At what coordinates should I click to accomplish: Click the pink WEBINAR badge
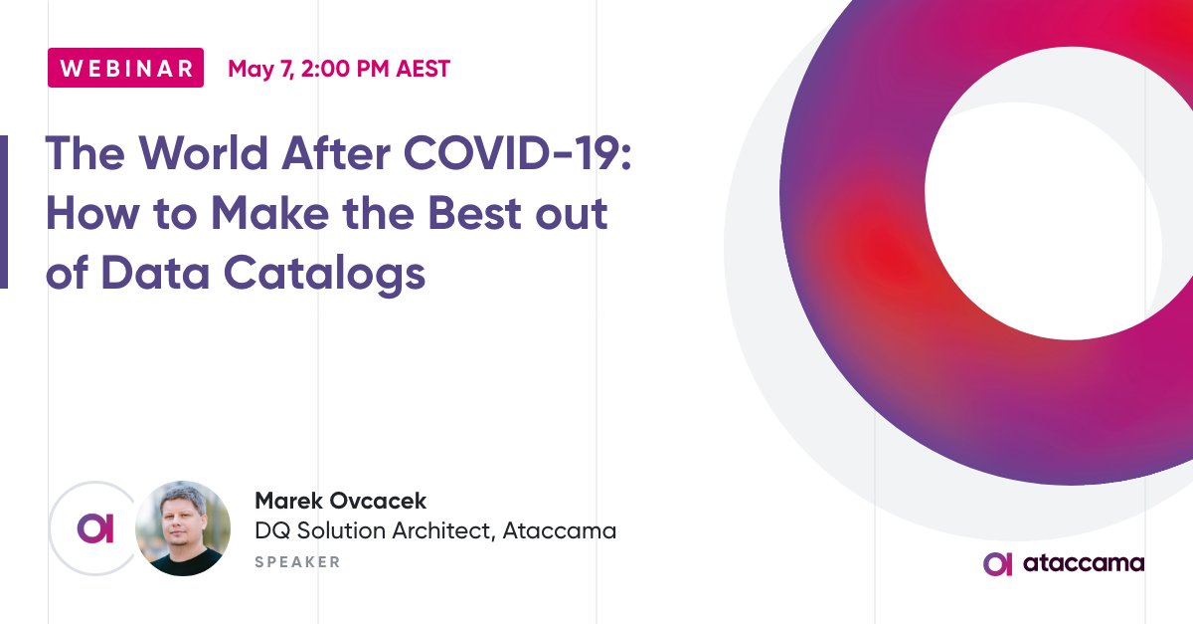click(125, 68)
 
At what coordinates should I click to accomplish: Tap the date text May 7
click(255, 69)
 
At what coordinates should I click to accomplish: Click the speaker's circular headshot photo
click(183, 528)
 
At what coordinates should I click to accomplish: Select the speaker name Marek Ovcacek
click(341, 501)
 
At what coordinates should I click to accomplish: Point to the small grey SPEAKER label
click(297, 562)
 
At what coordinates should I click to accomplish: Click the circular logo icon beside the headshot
click(95, 528)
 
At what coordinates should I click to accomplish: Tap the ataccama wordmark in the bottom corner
click(1082, 563)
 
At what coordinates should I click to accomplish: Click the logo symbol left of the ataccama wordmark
click(997, 563)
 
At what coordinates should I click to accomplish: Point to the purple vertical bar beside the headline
click(4, 212)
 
